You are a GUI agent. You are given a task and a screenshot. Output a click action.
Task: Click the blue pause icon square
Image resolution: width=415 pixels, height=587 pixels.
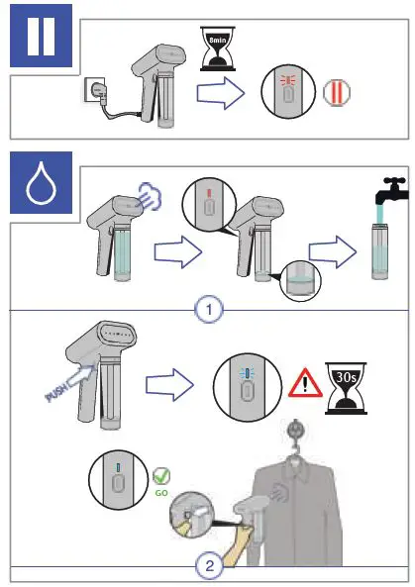42,36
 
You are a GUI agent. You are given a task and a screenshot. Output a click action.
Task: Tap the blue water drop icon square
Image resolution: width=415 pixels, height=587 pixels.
42,183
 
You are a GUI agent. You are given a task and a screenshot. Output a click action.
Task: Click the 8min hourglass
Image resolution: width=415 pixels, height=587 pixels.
218,49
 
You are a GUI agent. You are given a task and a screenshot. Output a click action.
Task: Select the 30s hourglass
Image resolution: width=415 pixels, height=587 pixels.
346,388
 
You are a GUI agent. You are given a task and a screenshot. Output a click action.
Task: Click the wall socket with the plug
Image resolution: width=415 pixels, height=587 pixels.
94,89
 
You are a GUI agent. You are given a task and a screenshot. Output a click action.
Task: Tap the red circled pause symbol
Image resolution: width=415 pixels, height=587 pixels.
337,92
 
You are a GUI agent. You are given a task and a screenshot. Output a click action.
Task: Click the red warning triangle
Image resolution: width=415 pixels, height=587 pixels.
305,383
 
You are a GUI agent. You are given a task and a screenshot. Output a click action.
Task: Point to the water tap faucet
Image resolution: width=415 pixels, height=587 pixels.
392,190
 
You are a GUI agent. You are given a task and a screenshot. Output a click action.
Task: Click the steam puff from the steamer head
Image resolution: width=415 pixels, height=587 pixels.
150,196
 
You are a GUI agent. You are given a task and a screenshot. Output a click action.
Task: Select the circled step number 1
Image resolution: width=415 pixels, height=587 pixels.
209,310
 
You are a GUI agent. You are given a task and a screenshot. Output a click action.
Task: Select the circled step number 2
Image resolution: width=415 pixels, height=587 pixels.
209,565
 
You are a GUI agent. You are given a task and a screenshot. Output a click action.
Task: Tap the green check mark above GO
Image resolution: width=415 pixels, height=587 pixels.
161,476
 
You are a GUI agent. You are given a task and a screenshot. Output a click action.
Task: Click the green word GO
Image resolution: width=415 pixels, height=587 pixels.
161,493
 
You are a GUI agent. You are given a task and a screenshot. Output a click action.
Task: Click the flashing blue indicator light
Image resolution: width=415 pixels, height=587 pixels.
247,373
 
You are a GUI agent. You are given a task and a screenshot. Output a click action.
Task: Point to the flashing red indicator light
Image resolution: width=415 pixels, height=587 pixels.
288,80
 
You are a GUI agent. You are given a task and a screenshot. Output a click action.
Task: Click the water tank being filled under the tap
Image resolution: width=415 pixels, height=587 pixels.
381,250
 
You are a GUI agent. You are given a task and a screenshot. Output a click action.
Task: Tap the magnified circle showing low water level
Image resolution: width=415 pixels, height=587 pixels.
300,281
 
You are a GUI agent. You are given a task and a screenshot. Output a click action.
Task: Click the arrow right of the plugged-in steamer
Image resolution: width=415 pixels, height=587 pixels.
221,93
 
